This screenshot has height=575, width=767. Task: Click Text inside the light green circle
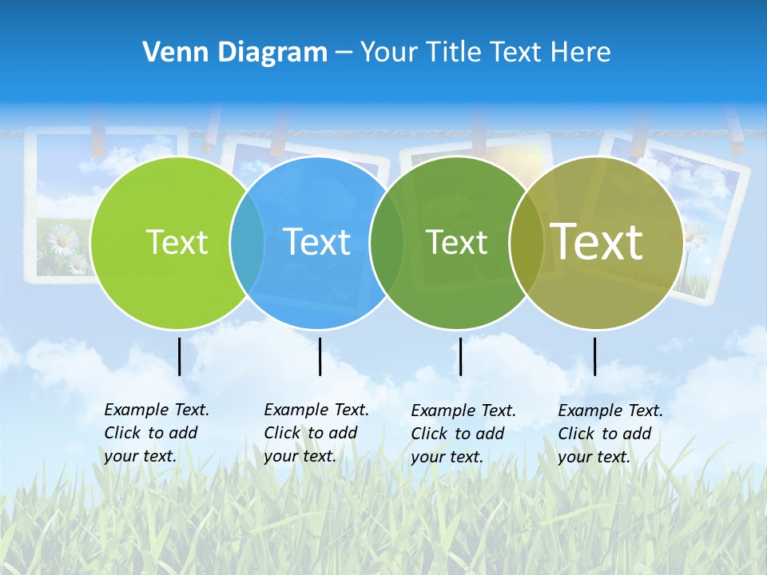(x=177, y=242)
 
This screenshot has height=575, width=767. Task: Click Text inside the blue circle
(x=317, y=242)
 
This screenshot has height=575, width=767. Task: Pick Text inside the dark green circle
(x=456, y=242)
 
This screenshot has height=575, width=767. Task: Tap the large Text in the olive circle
(x=597, y=241)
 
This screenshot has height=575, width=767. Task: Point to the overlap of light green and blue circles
(x=247, y=243)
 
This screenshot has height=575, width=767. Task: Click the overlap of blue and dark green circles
(x=387, y=243)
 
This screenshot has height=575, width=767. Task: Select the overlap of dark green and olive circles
(x=527, y=243)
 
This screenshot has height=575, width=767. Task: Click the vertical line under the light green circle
(x=180, y=356)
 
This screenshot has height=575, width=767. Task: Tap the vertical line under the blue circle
(x=320, y=356)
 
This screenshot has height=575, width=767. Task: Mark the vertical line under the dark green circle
(x=460, y=356)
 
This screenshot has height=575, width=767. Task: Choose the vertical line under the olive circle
(x=594, y=356)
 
